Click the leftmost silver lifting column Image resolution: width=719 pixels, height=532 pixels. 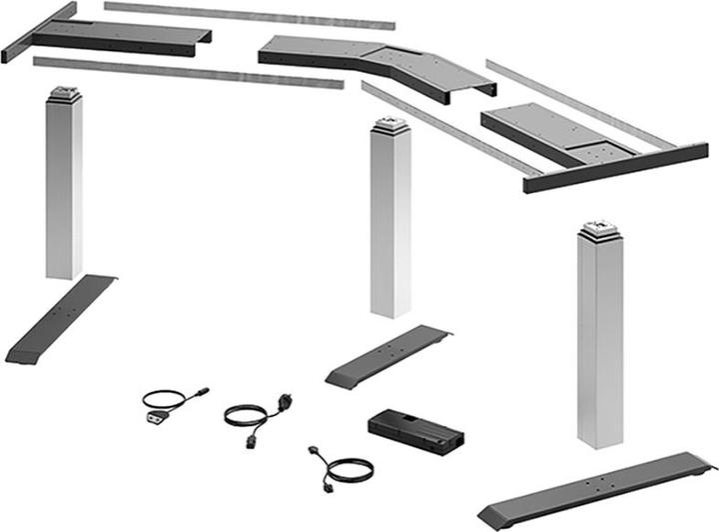pyautogui.click(x=64, y=190)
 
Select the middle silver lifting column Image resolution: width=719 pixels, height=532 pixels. pyautogui.click(x=389, y=225)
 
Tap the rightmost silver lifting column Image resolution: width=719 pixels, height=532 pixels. pyautogui.click(x=599, y=340)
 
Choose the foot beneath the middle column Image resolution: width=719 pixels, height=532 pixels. pyautogui.click(x=389, y=355)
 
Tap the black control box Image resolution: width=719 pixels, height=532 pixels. pyautogui.click(x=415, y=428)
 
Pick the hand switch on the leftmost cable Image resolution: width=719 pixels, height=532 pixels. pyautogui.click(x=155, y=416)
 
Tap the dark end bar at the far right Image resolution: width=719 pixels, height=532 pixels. pyautogui.click(x=615, y=168)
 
